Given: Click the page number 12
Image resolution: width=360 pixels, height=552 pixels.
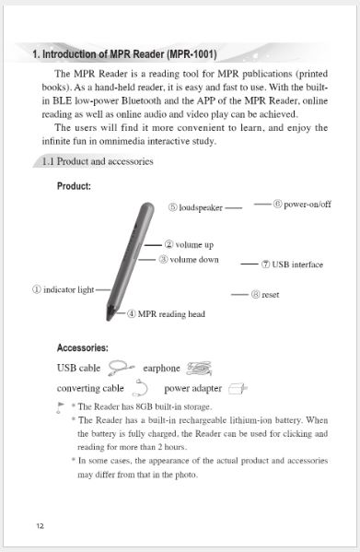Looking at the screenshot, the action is click(40, 526).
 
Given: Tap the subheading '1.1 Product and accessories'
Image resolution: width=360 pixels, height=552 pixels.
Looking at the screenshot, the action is click(97, 162).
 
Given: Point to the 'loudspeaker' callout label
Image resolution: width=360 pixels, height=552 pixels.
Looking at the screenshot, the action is click(195, 208).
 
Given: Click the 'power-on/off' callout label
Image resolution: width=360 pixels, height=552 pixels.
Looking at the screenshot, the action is click(303, 204).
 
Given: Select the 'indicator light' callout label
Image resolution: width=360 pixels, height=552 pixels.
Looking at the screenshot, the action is click(64, 288).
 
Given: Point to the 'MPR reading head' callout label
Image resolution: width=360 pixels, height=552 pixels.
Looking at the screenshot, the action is click(166, 314).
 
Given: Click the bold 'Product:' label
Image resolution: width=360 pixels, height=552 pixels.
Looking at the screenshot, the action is click(74, 186).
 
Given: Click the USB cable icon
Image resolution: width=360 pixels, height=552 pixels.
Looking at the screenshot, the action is click(119, 369).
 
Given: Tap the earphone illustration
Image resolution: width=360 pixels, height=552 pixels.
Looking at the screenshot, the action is click(198, 369).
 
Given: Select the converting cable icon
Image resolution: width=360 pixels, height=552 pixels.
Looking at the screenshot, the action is click(143, 388).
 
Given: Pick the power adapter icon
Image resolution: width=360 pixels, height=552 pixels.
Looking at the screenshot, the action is click(238, 388).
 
